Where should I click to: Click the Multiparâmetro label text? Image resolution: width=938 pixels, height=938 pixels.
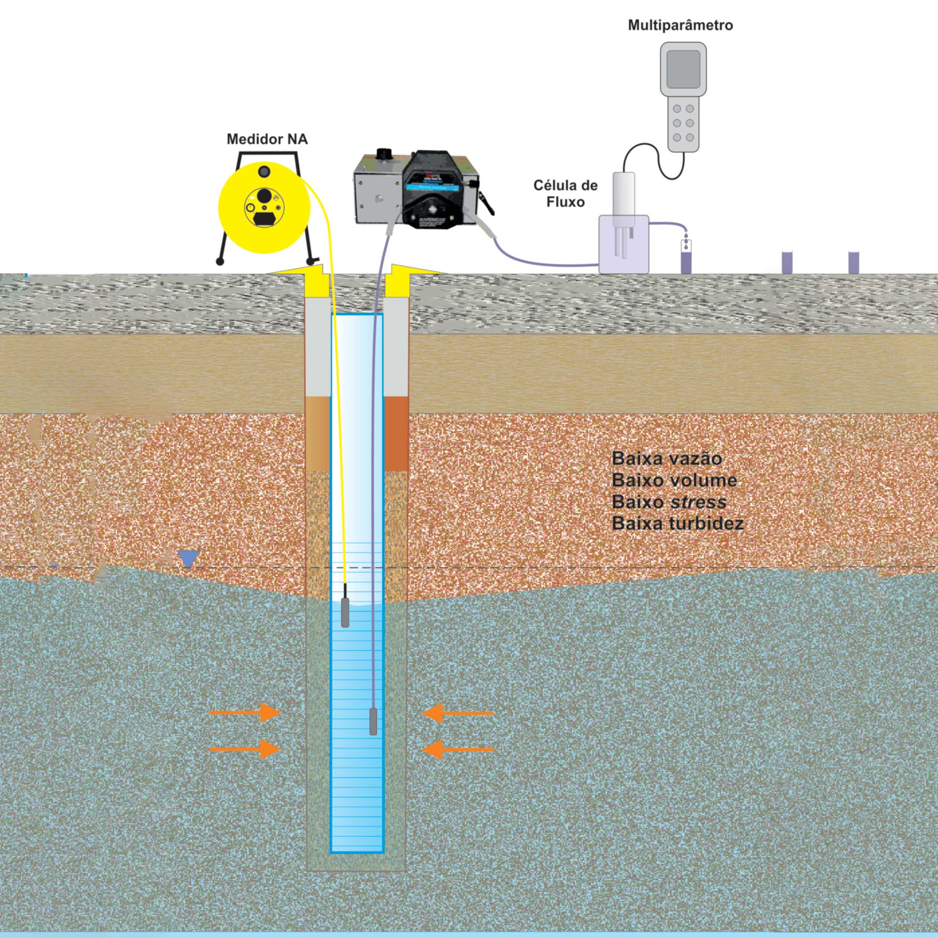coord(680,25)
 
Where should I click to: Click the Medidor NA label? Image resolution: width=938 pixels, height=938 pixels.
coord(267,140)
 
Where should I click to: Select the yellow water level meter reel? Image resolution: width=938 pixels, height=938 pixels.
coord(264,209)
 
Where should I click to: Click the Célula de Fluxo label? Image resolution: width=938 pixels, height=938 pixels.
coord(565,193)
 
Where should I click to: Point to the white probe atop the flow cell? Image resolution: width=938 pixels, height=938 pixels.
coord(624,194)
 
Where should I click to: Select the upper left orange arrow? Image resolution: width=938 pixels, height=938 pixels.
coord(245,713)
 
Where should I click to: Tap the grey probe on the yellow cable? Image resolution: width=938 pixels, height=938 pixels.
coord(345,612)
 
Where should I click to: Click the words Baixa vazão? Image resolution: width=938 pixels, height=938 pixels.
coord(666,459)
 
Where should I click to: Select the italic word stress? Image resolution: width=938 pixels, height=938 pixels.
coord(698,502)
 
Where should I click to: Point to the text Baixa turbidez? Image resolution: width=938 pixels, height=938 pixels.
coord(678,523)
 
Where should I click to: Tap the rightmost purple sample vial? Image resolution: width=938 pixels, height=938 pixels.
coord(853,262)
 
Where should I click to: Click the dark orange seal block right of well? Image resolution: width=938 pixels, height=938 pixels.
coord(397,434)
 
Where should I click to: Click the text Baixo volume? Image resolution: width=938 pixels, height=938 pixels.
coord(674,480)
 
